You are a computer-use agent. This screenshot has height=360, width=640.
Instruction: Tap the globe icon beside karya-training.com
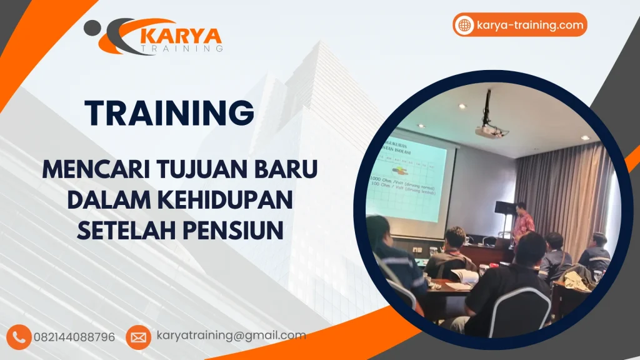tap(464, 25)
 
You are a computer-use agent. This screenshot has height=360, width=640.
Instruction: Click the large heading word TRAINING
tap(169, 112)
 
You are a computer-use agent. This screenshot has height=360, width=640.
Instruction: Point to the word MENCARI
tap(85, 169)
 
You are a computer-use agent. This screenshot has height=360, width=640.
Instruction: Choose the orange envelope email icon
tap(137, 337)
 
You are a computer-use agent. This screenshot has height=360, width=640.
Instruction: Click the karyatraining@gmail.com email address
tap(231, 336)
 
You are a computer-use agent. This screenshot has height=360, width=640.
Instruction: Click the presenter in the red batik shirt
tap(522, 223)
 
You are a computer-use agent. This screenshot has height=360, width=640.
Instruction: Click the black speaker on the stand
tap(504, 207)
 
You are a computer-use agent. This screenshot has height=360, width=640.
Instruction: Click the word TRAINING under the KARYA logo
tap(181, 48)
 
